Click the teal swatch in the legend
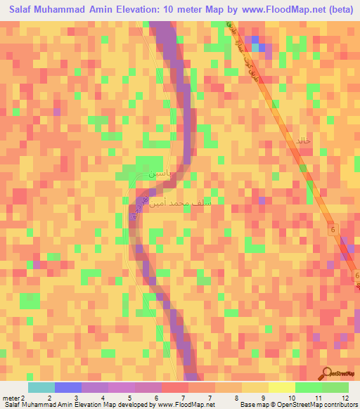[41, 387]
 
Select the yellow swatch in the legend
[282, 387]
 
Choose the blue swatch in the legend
[68, 387]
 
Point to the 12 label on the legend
[345, 397]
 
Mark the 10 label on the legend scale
[291, 397]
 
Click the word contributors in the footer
[338, 405]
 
